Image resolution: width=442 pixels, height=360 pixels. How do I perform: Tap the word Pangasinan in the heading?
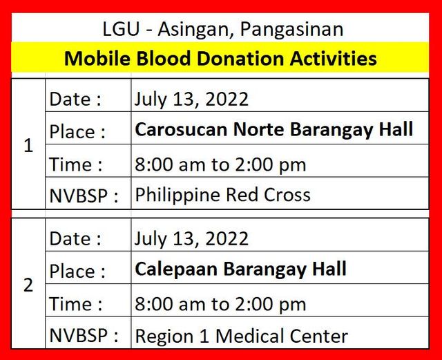click(291, 30)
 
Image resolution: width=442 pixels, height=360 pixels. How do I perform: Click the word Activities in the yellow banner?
click(334, 59)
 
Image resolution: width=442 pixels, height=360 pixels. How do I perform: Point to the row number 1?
click(28, 146)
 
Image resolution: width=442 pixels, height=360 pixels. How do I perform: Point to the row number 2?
click(28, 285)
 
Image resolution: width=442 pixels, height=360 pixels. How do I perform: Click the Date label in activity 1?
click(75, 99)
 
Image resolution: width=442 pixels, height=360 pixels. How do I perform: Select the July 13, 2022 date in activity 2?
click(191, 239)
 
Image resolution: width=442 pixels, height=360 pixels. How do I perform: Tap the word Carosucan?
click(181, 129)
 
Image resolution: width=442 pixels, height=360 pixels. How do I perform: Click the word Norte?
click(260, 129)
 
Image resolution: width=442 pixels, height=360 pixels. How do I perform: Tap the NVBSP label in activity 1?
click(84, 196)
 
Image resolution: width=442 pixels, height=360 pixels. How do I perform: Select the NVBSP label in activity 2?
click(84, 335)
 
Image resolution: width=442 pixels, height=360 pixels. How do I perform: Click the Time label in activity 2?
click(75, 304)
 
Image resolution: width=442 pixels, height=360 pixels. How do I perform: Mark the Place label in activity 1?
click(77, 132)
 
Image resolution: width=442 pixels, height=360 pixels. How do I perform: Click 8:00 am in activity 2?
click(170, 304)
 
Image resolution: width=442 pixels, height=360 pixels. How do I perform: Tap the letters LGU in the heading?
click(121, 29)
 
